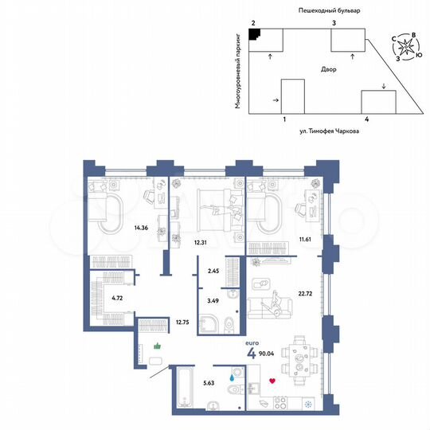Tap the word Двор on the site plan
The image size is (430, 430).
pos(330,69)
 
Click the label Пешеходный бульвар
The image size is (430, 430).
pos(329,10)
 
